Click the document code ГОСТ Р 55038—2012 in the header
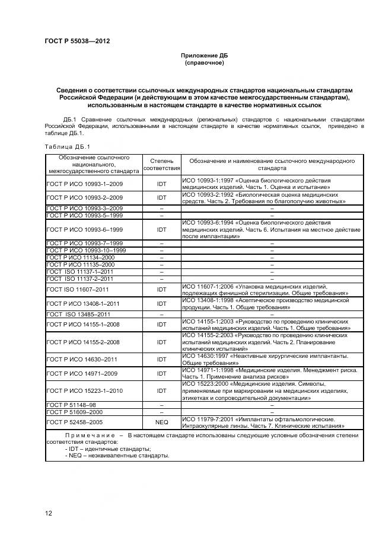tap(77, 41)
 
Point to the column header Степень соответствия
tap(161, 164)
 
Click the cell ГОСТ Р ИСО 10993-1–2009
tap(84, 184)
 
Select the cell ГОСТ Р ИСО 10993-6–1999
tap(84, 229)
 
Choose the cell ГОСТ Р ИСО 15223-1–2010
tap(84, 390)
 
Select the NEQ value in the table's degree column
tap(161, 422)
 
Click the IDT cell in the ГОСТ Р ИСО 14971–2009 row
tap(161, 374)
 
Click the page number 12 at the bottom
tap(49, 513)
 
